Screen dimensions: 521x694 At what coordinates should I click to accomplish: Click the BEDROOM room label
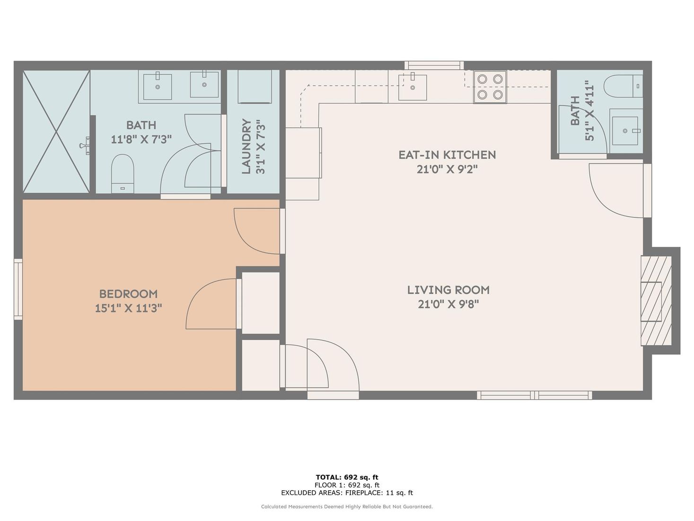[128, 294]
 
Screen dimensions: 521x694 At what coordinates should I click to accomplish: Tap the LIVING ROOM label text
[448, 290]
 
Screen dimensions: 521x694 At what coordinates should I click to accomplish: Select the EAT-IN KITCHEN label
[447, 155]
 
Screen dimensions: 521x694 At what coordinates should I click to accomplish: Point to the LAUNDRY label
[246, 146]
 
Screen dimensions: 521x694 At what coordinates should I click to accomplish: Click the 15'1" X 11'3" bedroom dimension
[128, 308]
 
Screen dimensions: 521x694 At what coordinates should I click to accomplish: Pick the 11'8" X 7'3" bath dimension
[141, 140]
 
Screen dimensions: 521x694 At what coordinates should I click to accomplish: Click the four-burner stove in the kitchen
[490, 87]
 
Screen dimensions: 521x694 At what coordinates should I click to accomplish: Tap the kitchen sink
[412, 86]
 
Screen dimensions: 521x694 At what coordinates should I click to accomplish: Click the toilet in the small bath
[623, 86]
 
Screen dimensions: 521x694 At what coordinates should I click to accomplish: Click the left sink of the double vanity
[158, 86]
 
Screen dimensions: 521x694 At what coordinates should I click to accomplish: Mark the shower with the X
[56, 132]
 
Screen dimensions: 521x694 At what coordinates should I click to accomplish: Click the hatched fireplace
[656, 301]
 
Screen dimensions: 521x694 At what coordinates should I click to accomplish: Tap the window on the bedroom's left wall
[18, 289]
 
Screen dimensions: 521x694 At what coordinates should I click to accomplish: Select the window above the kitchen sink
[434, 65]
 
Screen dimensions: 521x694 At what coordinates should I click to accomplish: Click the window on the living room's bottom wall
[534, 395]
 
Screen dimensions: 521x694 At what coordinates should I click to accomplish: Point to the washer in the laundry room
[255, 87]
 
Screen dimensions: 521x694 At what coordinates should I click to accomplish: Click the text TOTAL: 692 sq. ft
[347, 477]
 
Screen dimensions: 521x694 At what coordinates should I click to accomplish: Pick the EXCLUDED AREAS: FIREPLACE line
[347, 493]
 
